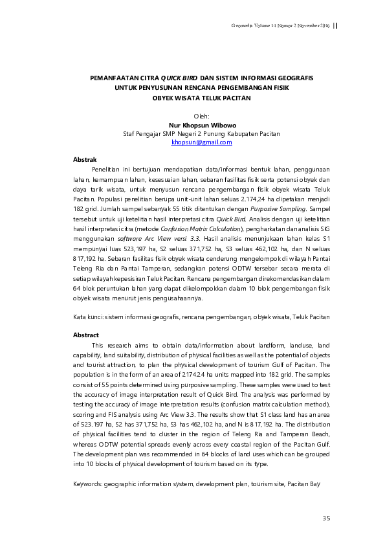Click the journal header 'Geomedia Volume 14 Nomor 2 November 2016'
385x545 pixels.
[280, 25]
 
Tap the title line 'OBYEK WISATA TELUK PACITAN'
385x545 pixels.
[201, 98]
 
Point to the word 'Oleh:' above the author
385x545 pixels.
[201, 117]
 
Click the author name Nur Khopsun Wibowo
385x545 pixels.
[201, 125]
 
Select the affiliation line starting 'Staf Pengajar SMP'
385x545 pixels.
[201, 133]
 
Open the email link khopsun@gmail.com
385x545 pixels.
[201, 142]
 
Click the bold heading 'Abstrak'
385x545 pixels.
[85, 159]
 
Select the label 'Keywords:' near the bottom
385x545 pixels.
[88, 484]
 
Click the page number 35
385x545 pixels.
[326, 518]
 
